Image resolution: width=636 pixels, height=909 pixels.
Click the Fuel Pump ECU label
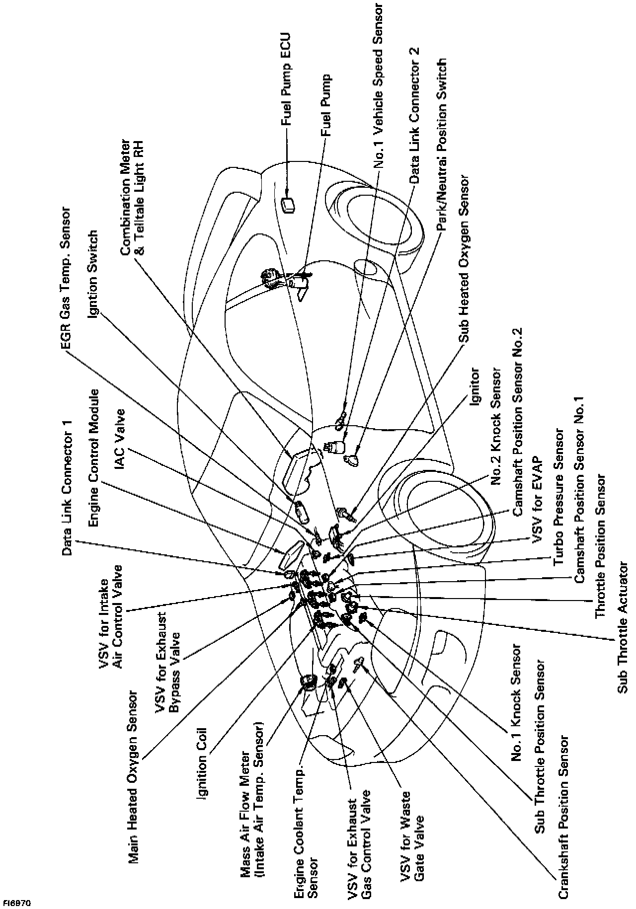click(287, 79)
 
